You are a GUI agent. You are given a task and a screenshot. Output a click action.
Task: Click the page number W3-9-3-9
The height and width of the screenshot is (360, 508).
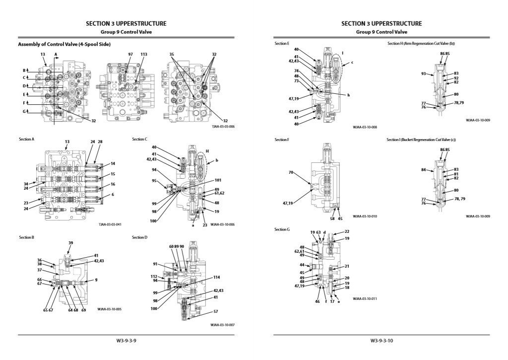126,341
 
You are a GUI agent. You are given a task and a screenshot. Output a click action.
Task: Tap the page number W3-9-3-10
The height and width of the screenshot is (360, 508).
381,341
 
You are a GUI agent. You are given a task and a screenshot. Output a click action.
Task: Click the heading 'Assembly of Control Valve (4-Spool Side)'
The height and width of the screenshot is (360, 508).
64,44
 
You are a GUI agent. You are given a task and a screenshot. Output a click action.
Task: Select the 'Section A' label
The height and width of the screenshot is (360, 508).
26,140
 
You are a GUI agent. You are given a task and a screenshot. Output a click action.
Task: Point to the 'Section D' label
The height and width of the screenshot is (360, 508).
140,237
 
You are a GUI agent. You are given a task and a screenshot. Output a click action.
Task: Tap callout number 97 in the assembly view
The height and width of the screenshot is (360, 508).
130,54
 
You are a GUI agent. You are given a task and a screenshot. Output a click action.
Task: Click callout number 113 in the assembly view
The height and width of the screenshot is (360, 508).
144,54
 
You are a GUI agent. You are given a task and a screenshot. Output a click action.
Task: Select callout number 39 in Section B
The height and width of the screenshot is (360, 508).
71,243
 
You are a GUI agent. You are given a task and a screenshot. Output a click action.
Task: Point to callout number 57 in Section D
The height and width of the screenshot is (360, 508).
216,311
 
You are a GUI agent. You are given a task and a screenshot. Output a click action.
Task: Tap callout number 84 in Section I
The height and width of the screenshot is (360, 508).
424,170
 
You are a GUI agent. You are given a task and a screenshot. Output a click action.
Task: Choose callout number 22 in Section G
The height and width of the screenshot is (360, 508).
347,232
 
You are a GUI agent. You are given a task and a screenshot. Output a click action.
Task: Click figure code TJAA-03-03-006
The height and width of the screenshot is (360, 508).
223,127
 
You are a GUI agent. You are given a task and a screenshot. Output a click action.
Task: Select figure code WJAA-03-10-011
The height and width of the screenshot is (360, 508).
365,299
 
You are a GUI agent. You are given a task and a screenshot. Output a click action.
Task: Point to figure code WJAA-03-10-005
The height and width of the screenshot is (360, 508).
110,309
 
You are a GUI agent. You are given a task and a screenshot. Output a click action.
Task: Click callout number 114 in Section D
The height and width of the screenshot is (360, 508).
216,277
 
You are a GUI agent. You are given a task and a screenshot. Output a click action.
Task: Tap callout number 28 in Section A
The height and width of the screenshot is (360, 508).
100,142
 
